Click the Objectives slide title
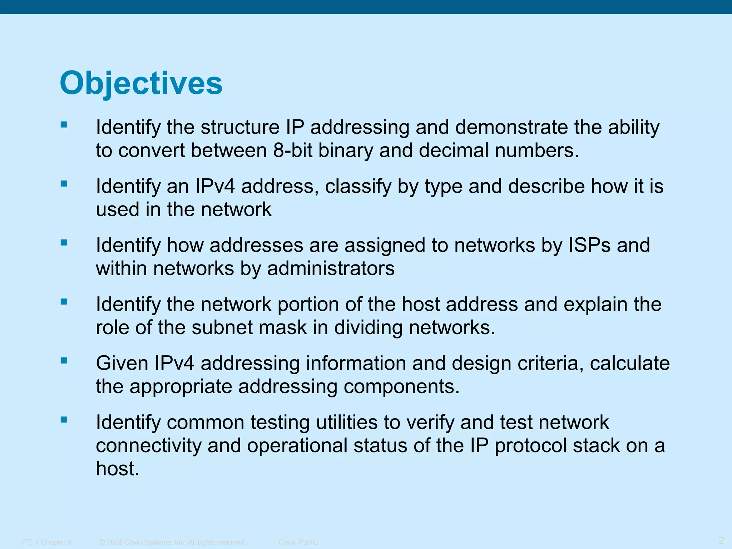pos(141,83)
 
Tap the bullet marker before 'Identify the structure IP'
pos(64,125)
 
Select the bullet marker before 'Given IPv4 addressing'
pos(64,361)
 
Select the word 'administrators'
pos(331,268)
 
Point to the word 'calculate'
pos(630,363)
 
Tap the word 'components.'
pos(401,387)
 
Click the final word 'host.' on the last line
pos(117,469)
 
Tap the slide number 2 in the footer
pos(721,540)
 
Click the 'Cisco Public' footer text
pos(298,542)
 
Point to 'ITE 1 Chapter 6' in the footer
pos(47,542)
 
